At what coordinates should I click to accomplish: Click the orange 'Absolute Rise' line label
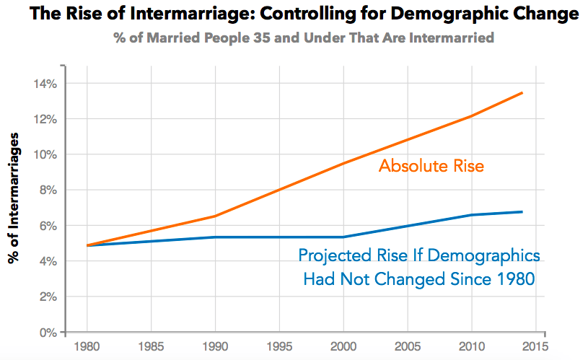431,167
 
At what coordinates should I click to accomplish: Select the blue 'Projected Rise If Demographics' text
419,256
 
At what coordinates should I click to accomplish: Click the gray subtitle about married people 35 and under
303,38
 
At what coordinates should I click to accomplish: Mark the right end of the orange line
522,92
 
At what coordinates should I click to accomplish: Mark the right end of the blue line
522,212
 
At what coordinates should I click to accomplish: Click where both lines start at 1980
87,245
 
